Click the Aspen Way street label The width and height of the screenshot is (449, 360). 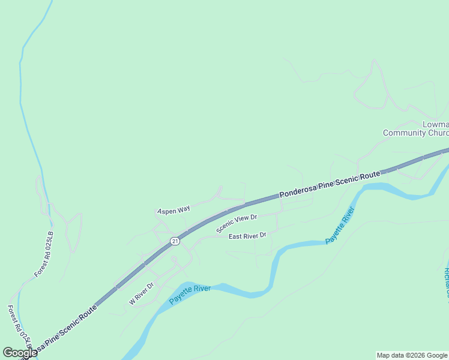(173, 209)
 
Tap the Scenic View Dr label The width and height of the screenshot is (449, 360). (237, 224)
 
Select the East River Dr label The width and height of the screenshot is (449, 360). (247, 236)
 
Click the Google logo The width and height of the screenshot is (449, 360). (20, 353)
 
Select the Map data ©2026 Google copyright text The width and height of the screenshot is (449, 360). (411, 355)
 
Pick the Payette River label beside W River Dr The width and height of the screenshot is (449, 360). (190, 295)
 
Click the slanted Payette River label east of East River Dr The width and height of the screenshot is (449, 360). (340, 226)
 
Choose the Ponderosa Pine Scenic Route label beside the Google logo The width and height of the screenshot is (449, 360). (66, 330)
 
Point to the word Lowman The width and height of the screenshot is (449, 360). (435, 125)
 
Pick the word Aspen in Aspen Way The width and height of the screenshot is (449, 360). (166, 211)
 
